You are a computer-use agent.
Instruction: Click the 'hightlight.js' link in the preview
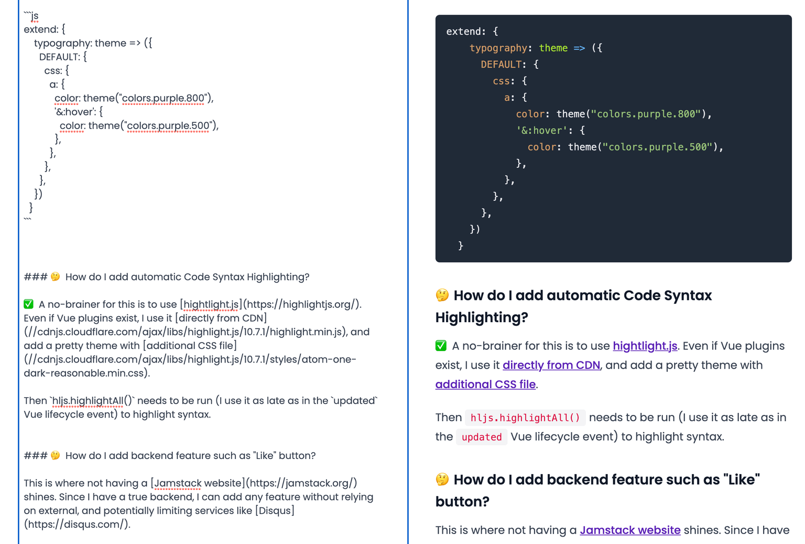pos(645,346)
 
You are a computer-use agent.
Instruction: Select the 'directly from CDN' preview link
pos(551,365)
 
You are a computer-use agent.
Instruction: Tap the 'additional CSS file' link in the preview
pos(485,384)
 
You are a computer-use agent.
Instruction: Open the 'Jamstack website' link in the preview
pos(630,530)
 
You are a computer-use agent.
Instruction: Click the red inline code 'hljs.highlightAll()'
pos(525,418)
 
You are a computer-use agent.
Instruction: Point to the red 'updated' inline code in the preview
pos(482,437)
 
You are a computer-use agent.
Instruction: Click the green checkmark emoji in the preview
pos(441,346)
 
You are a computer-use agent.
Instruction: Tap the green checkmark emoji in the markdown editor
pos(29,304)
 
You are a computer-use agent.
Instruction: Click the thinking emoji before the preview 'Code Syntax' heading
pos(442,295)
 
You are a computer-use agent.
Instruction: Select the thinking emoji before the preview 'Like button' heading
pos(442,479)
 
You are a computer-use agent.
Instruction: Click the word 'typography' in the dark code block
pos(498,48)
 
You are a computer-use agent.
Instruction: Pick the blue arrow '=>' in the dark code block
pos(579,48)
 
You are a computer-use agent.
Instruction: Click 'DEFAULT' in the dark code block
pos(501,65)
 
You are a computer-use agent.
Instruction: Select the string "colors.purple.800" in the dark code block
pos(646,114)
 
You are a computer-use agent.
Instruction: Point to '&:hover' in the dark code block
pos(542,130)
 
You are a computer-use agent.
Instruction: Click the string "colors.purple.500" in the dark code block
pos(657,147)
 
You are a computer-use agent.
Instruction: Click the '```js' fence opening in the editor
pos(31,16)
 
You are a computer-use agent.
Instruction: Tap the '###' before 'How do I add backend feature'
pos(35,455)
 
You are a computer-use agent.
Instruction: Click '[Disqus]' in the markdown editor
pos(275,510)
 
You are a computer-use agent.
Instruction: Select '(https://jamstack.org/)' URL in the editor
pos(301,483)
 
